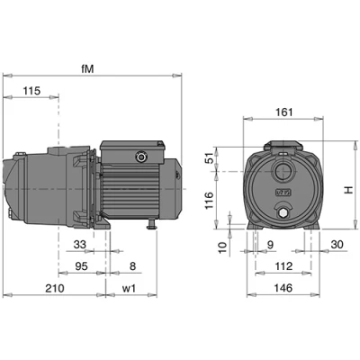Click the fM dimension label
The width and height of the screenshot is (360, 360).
tap(87, 69)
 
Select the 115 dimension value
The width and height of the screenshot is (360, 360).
tap(32, 91)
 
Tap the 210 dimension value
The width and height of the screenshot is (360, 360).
tap(55, 288)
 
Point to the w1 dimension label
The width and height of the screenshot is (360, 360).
tap(130, 288)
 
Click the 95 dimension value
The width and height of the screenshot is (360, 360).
tap(81, 266)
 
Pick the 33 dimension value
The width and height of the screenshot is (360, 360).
tap(80, 245)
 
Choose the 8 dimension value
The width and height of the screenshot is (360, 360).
tap(133, 266)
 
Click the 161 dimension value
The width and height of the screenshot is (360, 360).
tap(283, 112)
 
